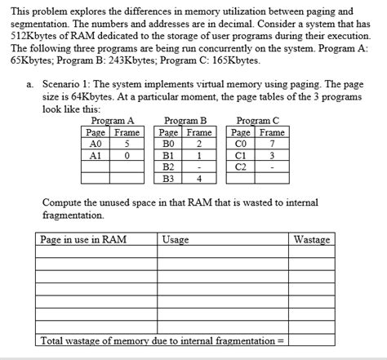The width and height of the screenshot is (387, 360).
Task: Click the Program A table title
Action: coord(113,120)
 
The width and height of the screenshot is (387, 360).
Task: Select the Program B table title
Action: coord(186,120)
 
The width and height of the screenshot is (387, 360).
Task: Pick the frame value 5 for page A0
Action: coord(127,144)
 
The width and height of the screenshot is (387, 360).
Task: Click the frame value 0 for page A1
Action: coord(127,155)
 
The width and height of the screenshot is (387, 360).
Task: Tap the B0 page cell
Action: coord(169,144)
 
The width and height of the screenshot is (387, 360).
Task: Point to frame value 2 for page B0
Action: coord(198,144)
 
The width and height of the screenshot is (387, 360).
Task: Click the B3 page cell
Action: coord(169,178)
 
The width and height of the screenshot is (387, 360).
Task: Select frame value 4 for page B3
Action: coord(198,178)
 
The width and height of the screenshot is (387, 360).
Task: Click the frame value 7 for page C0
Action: coord(272,144)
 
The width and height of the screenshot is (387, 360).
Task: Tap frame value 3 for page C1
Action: coord(272,155)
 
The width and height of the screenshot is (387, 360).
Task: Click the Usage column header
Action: coord(176,240)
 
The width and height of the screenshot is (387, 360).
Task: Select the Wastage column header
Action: coord(312,240)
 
